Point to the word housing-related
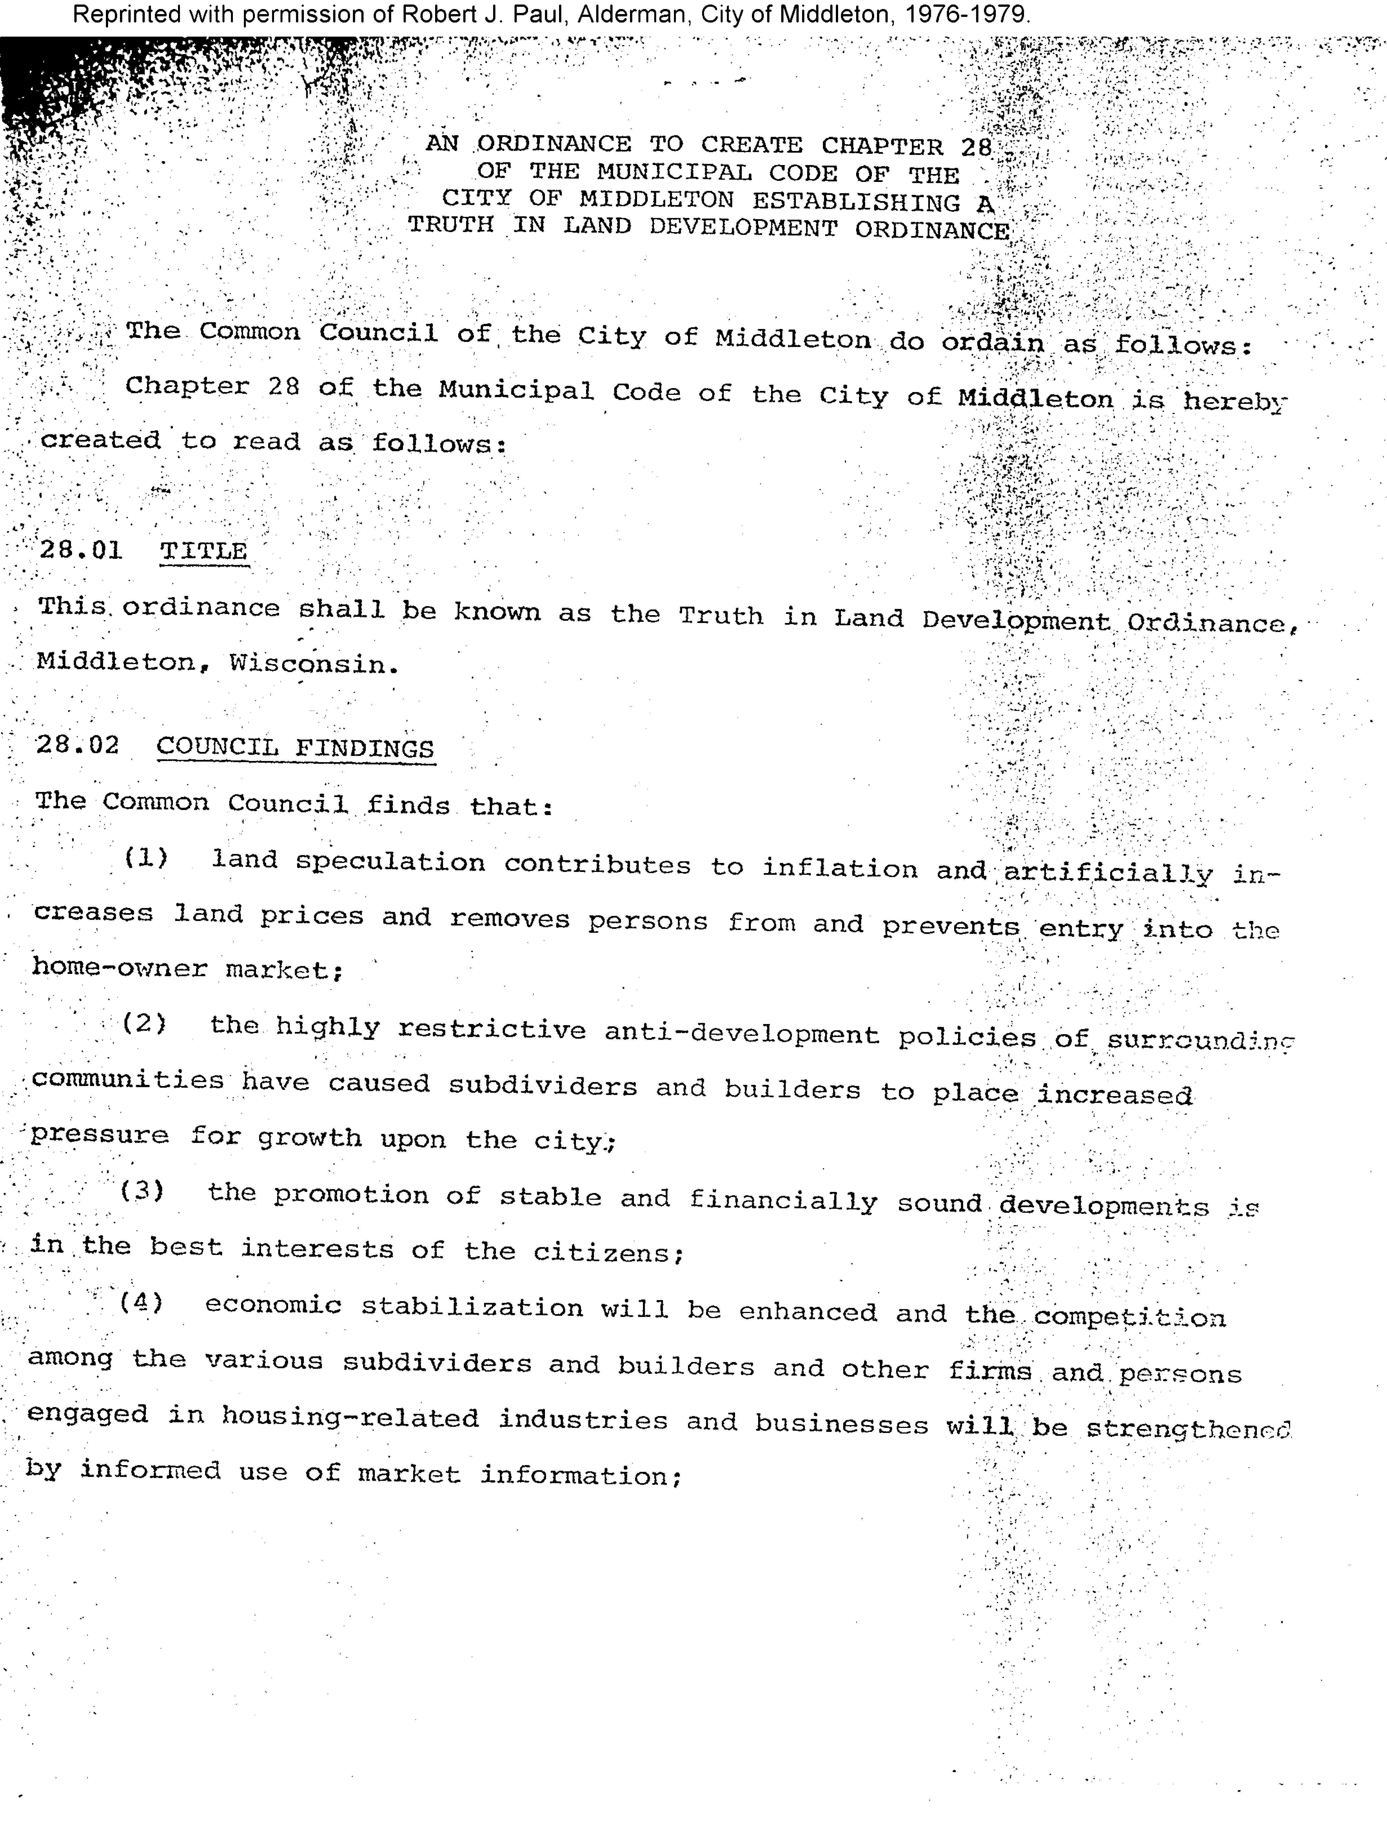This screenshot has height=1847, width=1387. [350, 1419]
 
